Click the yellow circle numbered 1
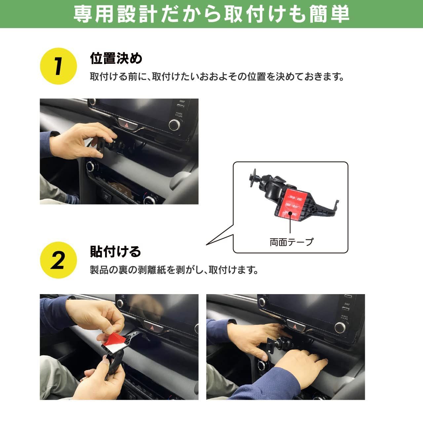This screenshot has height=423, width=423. pyautogui.click(x=58, y=66)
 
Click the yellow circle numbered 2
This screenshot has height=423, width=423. pyautogui.click(x=58, y=260)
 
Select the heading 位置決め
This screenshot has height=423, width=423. pyautogui.click(x=116, y=58)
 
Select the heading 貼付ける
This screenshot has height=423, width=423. pyautogui.click(x=115, y=251)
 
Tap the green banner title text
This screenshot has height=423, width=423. pyautogui.click(x=211, y=14)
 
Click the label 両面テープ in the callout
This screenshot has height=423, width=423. pyautogui.click(x=291, y=242)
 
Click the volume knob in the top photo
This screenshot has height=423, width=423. pyautogui.click(x=175, y=125)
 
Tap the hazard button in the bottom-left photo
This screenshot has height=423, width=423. pyautogui.click(x=152, y=327)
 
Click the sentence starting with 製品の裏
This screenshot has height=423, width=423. pyautogui.click(x=174, y=270)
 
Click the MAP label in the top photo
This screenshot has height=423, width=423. pyautogui.click(x=182, y=101)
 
